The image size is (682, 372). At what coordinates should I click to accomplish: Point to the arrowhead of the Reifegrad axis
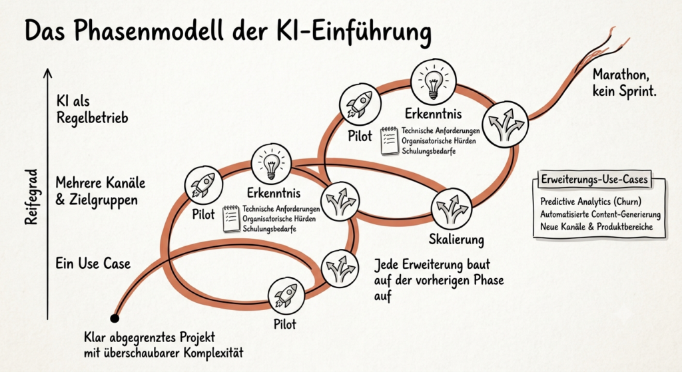pos(47,72)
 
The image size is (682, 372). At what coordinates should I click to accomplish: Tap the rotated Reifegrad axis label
pos(31,197)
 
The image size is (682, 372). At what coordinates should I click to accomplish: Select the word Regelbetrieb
pos(92,118)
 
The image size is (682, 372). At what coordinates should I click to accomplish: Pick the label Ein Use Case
pos(93,264)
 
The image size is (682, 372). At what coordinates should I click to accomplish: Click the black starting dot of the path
pos(115,319)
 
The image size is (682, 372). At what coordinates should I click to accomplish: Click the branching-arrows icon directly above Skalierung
pos(452,208)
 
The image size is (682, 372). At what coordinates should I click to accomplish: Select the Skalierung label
pos(456,240)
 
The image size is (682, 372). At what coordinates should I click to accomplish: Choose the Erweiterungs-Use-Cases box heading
pos(594,179)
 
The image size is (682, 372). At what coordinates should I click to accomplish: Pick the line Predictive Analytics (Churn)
pos(591,202)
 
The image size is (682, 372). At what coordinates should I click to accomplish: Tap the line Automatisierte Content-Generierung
pos(600,215)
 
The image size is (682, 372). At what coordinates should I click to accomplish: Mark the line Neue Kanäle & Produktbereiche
pos(596,227)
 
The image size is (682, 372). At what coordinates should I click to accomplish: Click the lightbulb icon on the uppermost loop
pos(433,81)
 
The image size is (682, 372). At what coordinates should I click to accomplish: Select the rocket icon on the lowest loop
pos(286,295)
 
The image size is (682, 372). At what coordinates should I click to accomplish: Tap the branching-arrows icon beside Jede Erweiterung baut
pos(340,268)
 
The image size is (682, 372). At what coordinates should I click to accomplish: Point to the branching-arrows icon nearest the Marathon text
pos(506,124)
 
